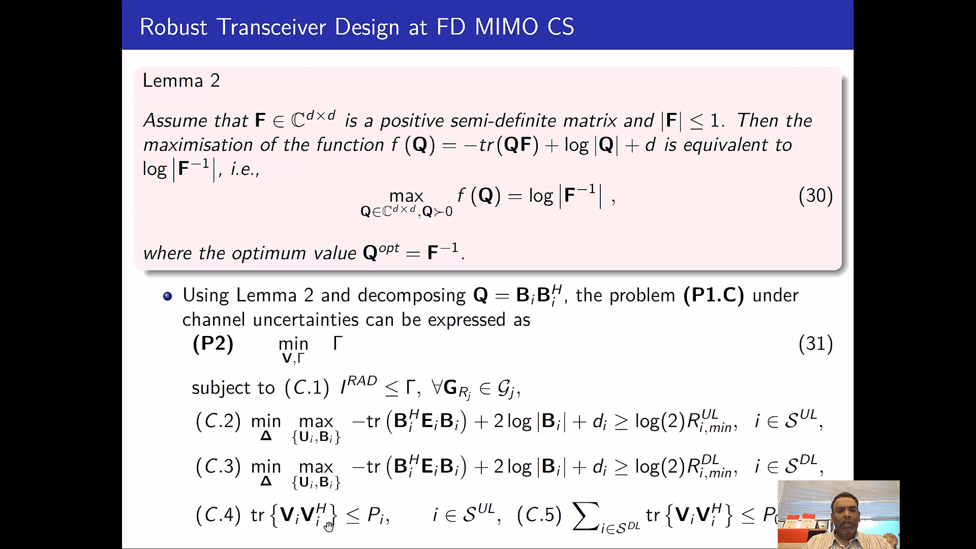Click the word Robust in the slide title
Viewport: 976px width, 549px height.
coord(173,27)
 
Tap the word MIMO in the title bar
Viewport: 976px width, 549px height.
coord(506,27)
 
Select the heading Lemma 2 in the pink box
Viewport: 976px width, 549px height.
coord(181,80)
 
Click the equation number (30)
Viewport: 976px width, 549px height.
coord(815,196)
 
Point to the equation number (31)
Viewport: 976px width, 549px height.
coord(815,344)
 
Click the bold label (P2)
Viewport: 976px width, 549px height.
coord(213,344)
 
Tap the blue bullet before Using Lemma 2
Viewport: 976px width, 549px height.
coord(168,296)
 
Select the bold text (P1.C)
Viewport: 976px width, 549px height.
coord(714,295)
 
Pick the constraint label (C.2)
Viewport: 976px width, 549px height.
coord(218,421)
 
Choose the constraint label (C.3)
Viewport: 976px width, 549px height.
coord(218,467)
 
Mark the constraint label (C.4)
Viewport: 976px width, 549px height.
coord(218,515)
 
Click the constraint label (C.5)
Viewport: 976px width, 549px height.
coord(539,515)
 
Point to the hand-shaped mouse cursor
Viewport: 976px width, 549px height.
coord(329,526)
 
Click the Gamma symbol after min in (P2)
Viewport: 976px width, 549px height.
coord(338,343)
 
